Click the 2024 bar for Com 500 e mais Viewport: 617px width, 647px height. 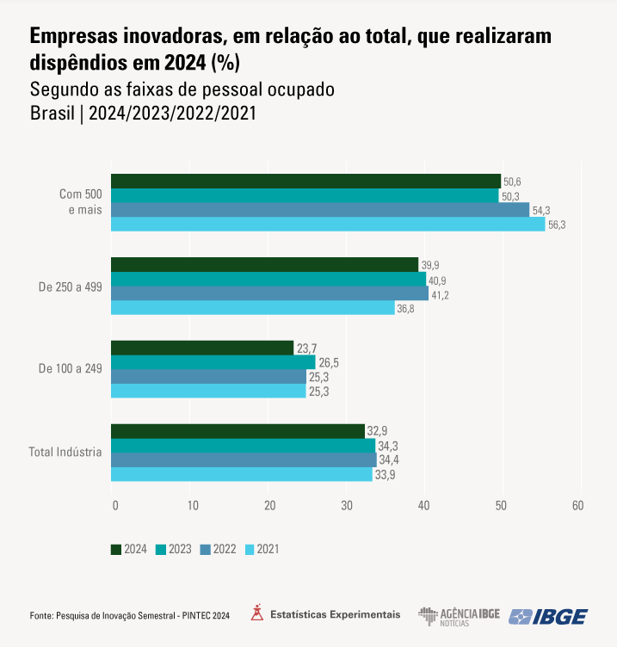click(305, 181)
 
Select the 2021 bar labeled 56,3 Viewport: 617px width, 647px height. click(328, 225)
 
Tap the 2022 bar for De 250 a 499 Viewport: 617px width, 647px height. click(269, 293)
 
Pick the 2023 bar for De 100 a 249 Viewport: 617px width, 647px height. click(213, 362)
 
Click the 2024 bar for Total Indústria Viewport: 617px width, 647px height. click(238, 431)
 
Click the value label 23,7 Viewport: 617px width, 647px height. click(307, 348)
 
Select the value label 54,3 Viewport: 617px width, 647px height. click(541, 210)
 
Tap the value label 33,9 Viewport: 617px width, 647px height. click(386, 475)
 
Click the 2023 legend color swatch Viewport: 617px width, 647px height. click(160, 549)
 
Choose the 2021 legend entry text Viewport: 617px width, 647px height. click(268, 549)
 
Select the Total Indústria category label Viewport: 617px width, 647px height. click(65, 452)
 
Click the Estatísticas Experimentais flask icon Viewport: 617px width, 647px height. click(256, 613)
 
